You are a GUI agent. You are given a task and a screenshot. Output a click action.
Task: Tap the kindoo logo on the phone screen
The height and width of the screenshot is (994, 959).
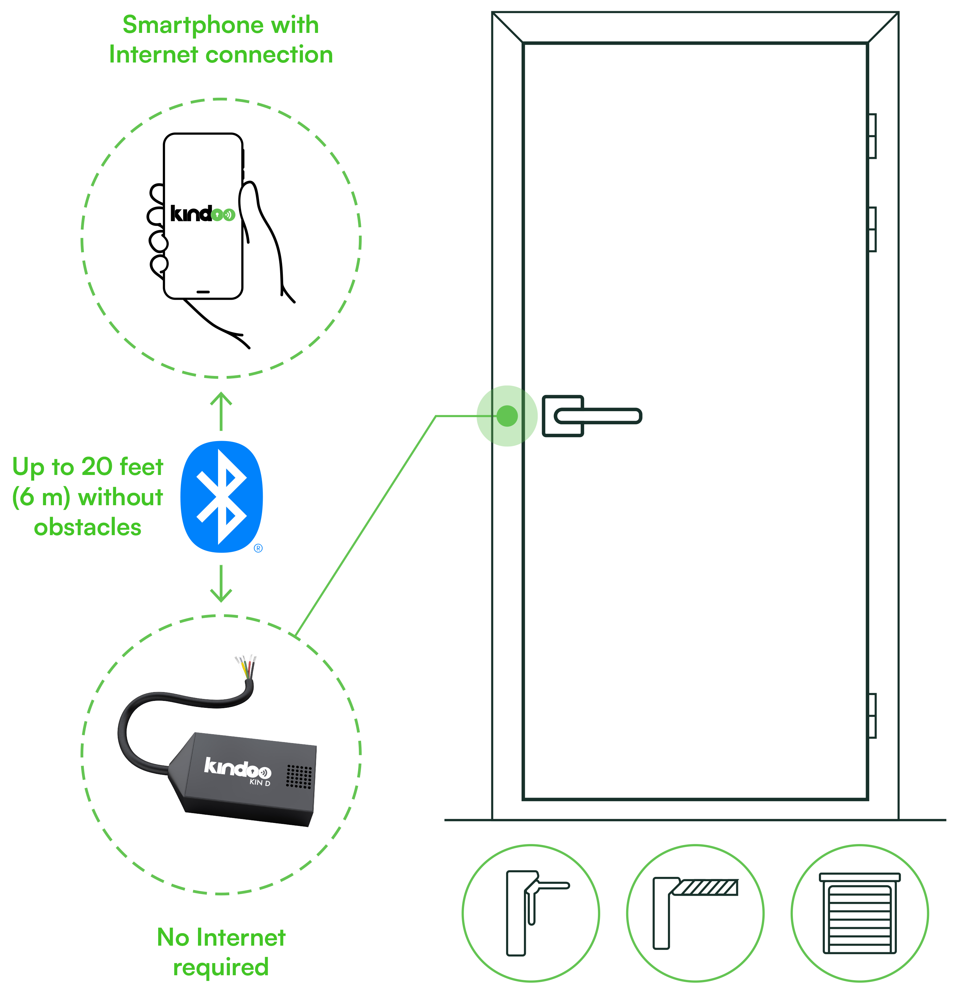(202, 214)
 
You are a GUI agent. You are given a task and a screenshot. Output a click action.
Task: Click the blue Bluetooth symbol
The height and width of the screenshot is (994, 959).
(222, 496)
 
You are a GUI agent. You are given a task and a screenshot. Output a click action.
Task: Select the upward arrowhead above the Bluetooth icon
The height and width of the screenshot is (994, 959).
(221, 399)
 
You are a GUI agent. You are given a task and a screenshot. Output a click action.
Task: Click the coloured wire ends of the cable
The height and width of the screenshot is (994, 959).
(245, 666)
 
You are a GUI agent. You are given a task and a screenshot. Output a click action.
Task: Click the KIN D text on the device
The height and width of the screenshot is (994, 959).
(260, 783)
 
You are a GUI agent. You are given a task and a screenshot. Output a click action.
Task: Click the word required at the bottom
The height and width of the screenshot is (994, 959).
(221, 967)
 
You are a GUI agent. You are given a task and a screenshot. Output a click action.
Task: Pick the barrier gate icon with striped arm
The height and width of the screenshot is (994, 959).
(695, 913)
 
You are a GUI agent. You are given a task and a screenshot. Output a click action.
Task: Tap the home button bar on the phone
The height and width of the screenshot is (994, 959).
(203, 292)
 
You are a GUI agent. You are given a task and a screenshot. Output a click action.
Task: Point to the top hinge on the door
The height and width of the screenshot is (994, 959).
(872, 136)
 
